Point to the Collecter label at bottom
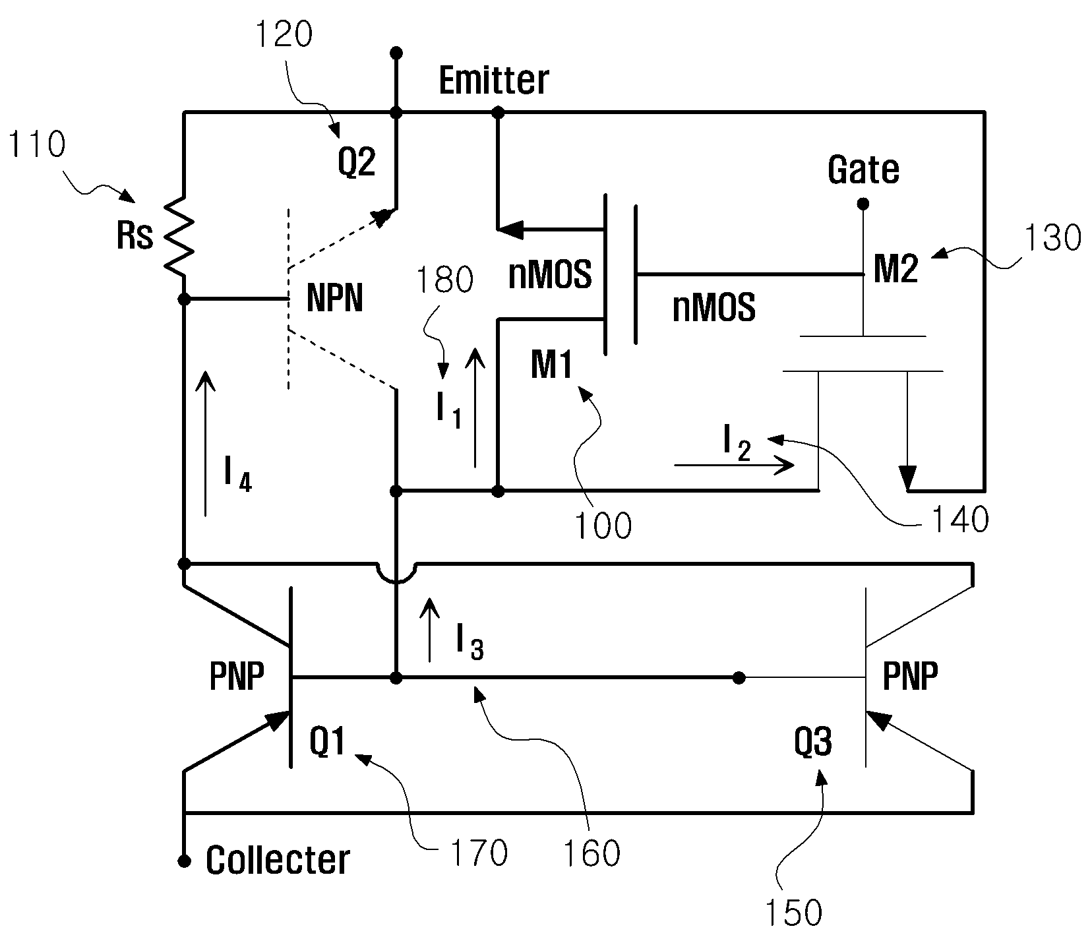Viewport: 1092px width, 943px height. click(x=278, y=861)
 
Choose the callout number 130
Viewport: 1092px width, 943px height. click(x=1053, y=237)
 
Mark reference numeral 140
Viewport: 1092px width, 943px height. click(x=959, y=520)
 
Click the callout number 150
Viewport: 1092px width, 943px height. click(x=793, y=913)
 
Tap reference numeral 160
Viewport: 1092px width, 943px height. click(x=591, y=853)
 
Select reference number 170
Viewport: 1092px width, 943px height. click(x=479, y=853)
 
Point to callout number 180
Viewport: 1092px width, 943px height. click(x=444, y=280)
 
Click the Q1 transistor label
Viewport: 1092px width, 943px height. click(x=328, y=743)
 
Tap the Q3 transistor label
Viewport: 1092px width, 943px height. click(x=813, y=743)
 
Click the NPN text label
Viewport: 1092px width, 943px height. click(x=335, y=299)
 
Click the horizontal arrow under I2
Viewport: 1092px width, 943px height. click(x=734, y=466)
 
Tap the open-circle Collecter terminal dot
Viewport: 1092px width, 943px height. click(x=185, y=861)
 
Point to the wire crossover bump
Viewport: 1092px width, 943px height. click(x=396, y=572)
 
